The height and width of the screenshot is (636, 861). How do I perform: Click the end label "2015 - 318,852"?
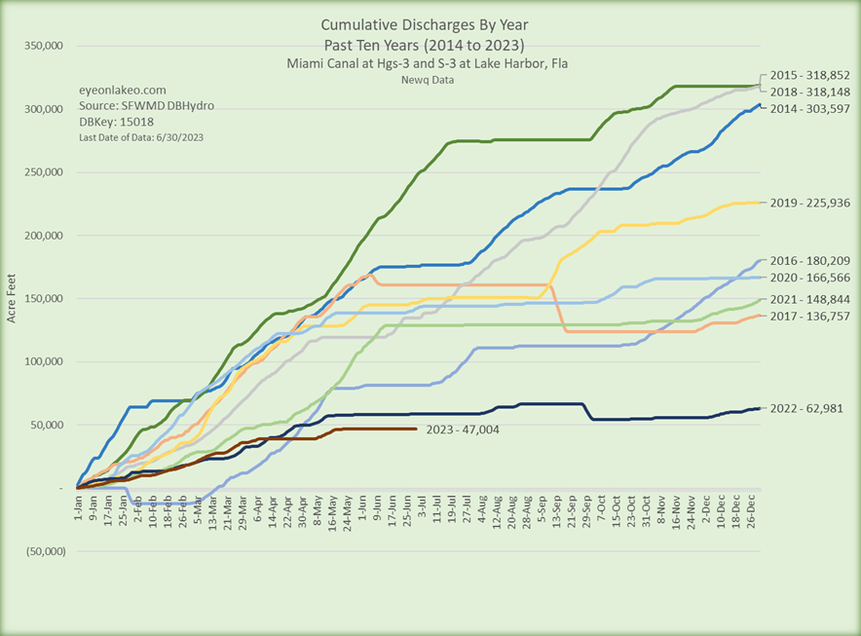(x=810, y=75)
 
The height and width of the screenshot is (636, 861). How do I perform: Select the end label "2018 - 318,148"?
(x=810, y=91)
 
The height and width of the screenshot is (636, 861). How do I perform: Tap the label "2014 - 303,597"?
(x=810, y=107)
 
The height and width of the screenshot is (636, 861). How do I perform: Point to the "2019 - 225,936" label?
(x=810, y=203)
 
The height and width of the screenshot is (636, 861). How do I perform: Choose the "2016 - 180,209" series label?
(x=810, y=261)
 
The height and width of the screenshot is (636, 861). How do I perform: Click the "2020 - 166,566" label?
(x=810, y=278)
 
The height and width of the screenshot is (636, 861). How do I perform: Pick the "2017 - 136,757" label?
(x=810, y=317)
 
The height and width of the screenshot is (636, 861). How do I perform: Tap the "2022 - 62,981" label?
(x=807, y=408)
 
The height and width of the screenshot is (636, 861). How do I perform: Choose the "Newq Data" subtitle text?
(x=422, y=80)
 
